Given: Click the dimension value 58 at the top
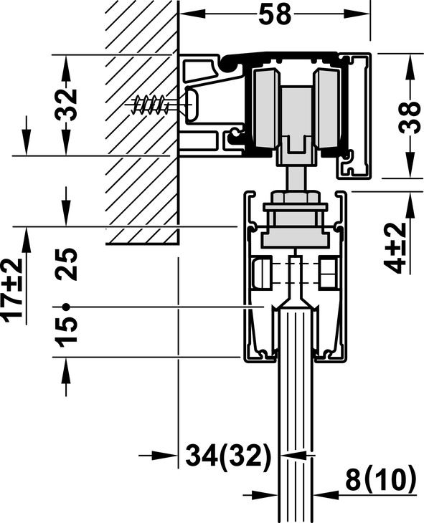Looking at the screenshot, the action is point(275,14).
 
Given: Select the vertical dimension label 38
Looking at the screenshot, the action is point(410,117).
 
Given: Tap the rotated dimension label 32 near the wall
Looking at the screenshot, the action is point(66,105).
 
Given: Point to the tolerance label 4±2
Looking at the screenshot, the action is point(395,248).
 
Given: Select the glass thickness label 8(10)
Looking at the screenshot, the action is point(381,481).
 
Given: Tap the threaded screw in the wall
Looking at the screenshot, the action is point(150,105).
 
